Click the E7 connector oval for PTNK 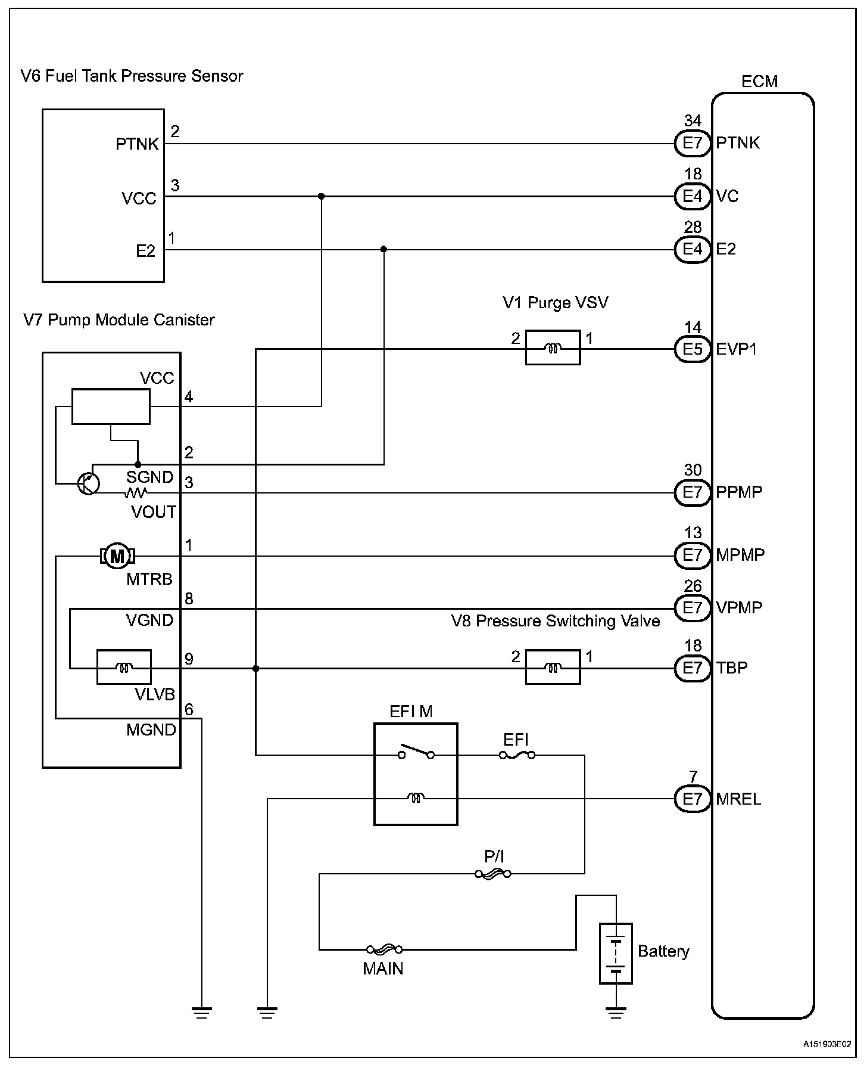(693, 144)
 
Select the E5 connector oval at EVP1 (693, 349)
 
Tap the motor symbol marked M (118, 557)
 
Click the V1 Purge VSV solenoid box (553, 348)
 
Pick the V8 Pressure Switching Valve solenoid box (553, 668)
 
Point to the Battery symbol (616, 954)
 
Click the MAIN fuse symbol (384, 949)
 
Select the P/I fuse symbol (492, 874)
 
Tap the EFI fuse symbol (517, 755)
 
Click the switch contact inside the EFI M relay (416, 752)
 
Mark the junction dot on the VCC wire (322, 196)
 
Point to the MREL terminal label (738, 799)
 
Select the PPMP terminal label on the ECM (739, 492)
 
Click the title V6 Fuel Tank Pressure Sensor (132, 76)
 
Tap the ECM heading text (759, 82)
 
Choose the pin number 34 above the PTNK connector (693, 122)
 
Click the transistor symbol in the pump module (89, 483)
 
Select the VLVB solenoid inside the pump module (124, 668)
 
